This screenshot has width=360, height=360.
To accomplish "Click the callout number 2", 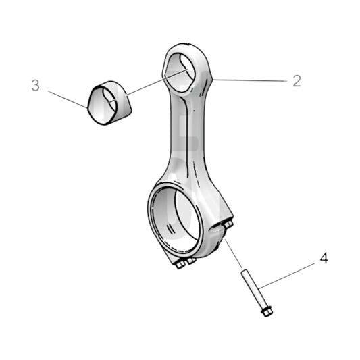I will click(x=296, y=81).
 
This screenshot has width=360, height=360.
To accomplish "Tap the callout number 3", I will click(x=36, y=86).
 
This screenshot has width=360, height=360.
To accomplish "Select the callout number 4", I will click(x=324, y=259).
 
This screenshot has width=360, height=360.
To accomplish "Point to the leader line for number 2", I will click(x=250, y=80).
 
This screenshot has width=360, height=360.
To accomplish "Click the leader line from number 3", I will click(x=68, y=99).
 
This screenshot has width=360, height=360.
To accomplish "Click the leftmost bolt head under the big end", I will click(x=180, y=265).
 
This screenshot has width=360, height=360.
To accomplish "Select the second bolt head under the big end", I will click(x=191, y=260).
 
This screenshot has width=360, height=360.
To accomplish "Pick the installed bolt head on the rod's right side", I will click(x=228, y=224).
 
